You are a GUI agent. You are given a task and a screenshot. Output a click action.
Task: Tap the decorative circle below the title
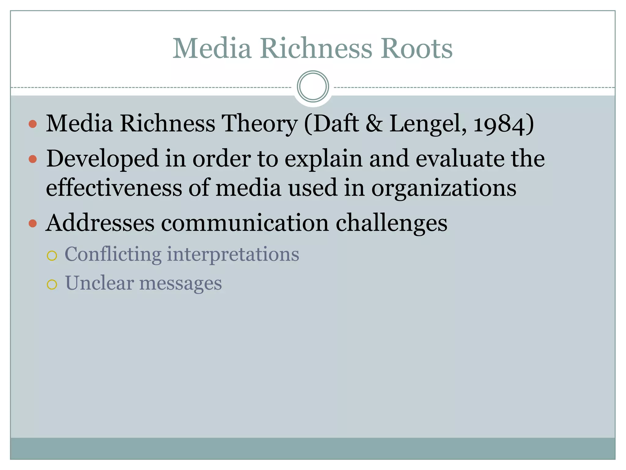pos(313,87)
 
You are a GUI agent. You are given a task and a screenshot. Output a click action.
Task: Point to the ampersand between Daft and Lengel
pos(374,124)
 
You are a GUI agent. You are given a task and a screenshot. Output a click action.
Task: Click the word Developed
pos(102,159)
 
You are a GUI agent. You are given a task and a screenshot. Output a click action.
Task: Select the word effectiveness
pos(114,188)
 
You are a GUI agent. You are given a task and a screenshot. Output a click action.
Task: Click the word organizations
pos(444,188)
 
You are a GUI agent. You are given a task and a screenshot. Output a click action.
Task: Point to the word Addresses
pos(100,223)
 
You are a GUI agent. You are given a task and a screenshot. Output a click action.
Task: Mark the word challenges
pos(392,223)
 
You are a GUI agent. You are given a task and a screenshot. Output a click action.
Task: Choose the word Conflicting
pos(113,254)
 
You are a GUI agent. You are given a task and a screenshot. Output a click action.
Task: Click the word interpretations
pos(233,254)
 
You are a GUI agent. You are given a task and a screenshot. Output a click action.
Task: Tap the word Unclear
pos(100,283)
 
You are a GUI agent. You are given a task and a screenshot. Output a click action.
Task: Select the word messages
pos(181,284)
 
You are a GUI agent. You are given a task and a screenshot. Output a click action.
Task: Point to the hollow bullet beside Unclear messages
pos(52,285)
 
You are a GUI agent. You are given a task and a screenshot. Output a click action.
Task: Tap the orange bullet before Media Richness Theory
pos(33,124)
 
